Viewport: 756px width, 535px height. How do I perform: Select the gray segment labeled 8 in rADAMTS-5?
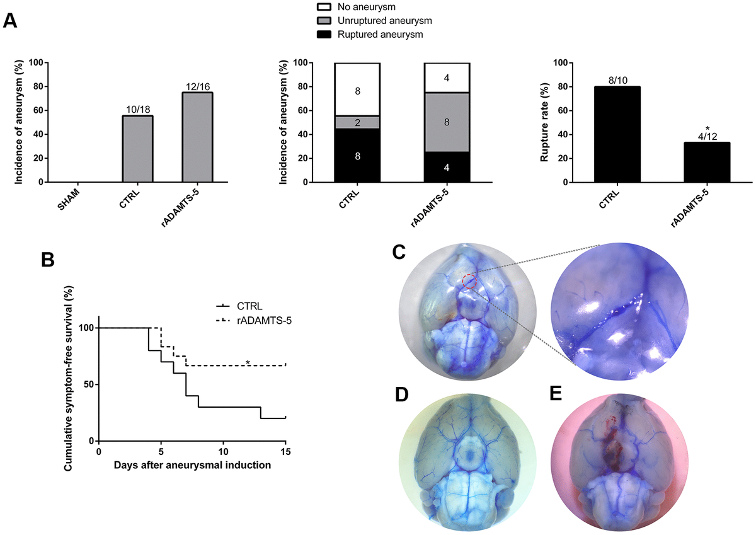tap(447, 122)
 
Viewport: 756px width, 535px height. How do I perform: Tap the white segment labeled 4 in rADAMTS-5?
tap(447, 78)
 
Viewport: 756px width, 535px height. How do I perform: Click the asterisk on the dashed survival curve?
tap(248, 362)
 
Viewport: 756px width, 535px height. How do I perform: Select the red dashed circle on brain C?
tap(469, 281)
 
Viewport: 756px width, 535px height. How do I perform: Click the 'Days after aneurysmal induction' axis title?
tap(192, 466)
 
